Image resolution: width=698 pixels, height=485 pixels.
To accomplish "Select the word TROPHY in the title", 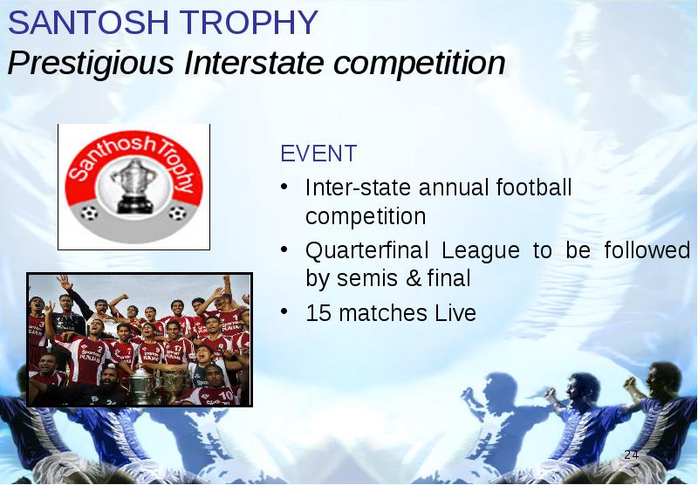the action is [249, 23].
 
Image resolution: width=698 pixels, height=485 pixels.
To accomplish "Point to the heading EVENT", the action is [318, 154].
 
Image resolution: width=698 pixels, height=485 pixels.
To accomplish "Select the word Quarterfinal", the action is [366, 250].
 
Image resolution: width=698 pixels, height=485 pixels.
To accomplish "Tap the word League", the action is [481, 251].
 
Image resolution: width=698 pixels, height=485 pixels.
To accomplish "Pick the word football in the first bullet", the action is [534, 188].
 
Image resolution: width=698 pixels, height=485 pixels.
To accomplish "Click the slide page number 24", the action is [631, 454].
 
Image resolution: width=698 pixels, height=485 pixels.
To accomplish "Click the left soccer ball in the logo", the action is [89, 213].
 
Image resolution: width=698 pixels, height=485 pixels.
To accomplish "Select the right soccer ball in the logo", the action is [177, 213].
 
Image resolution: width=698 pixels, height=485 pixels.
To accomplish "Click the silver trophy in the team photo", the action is [140, 384].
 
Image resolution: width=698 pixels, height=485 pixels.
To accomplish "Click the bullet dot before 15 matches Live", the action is [284, 311].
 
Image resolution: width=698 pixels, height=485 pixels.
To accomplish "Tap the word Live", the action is [455, 313].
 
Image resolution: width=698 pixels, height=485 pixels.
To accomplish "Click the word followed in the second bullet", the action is [647, 250].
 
